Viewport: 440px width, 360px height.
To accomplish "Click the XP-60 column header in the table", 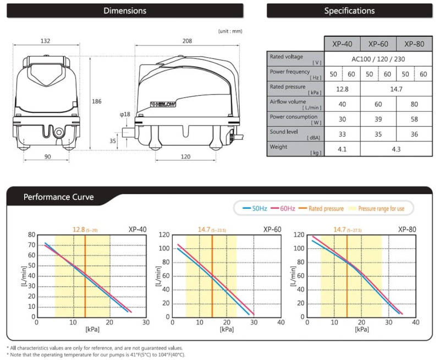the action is click(378, 44).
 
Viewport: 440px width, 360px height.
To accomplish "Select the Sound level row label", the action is click(283, 132).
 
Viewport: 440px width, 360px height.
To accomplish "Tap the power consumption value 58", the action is click(414, 119).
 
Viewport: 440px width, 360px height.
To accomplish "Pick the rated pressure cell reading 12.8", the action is click(342, 89).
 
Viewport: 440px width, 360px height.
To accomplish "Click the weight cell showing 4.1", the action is click(342, 149).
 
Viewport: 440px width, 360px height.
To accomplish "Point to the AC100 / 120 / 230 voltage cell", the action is click(378, 59).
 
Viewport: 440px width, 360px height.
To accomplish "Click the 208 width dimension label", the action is click(187, 41).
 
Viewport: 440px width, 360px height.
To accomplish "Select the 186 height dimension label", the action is click(97, 101).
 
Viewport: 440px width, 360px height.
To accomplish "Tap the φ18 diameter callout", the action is click(125, 114).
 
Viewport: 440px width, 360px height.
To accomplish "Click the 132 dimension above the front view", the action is click(45, 41).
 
